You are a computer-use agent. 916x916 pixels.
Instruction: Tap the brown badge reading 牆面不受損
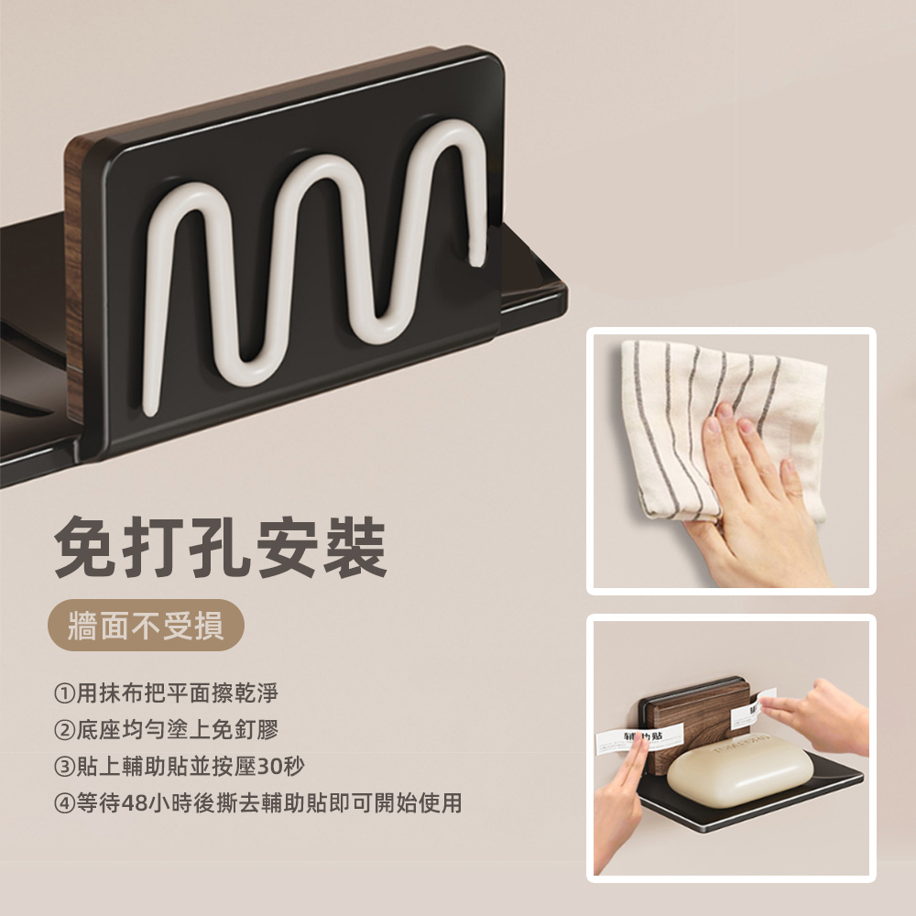146,627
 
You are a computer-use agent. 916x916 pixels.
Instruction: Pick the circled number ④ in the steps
63,803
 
